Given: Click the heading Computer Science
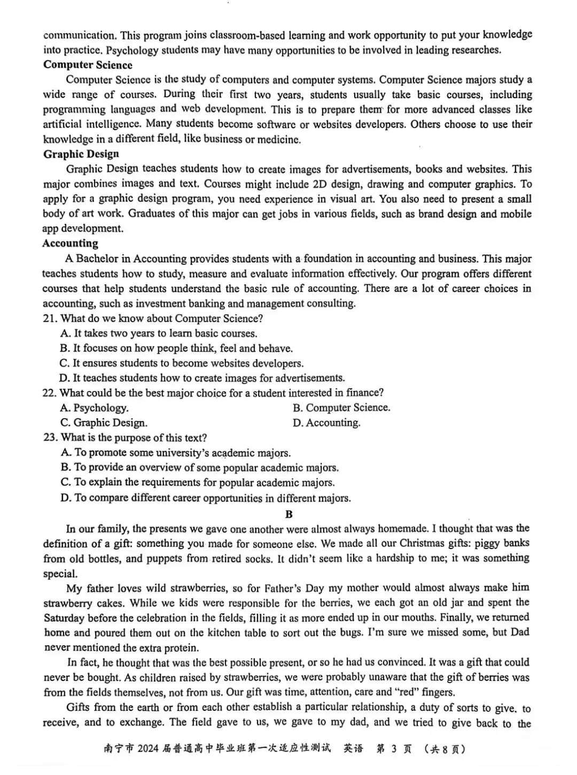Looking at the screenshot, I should (x=88, y=65).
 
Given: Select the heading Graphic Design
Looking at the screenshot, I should (x=81, y=154).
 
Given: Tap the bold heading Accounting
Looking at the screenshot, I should (x=71, y=244).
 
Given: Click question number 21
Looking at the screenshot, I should (x=50, y=319).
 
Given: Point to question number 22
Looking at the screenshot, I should (x=49, y=393).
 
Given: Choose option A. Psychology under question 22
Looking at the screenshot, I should (x=95, y=408).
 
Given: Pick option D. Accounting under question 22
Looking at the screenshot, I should (x=326, y=423).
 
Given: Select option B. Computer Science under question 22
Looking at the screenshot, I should (x=341, y=408).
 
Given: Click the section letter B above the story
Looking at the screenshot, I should (x=289, y=514).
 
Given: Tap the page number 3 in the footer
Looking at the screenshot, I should (x=394, y=749).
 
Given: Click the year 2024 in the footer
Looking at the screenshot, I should (x=148, y=749).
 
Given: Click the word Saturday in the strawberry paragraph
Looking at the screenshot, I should (x=64, y=618).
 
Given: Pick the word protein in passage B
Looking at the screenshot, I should (x=181, y=648).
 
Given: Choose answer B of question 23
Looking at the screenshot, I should (x=200, y=468).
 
